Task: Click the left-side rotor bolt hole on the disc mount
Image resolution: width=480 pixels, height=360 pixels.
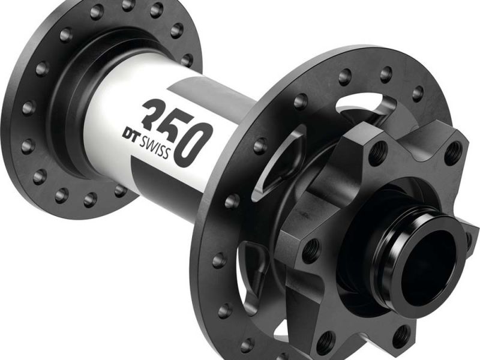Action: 310,250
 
